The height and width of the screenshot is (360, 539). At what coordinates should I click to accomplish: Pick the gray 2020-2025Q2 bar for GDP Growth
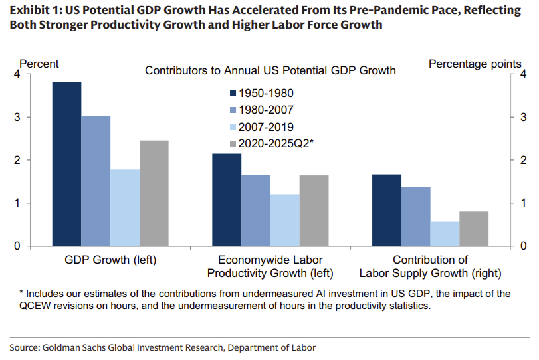pos(154,193)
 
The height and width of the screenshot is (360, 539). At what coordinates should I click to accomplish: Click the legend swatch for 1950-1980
pos(233,94)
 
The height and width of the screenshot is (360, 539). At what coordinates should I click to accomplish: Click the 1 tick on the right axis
pos(523,203)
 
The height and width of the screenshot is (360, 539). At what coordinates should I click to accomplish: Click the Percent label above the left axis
pos(39,64)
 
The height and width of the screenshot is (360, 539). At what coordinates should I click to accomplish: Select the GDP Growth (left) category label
pos(110,260)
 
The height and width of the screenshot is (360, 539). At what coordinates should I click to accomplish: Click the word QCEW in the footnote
pos(41,306)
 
